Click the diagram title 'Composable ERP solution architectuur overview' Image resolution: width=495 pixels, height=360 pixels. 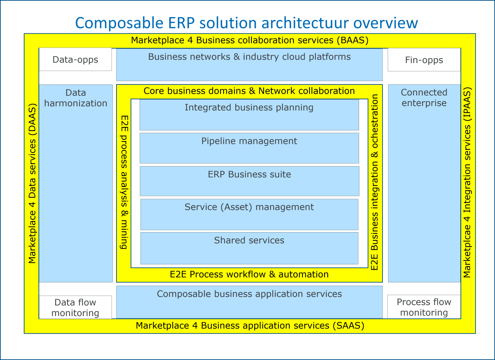pos(247,23)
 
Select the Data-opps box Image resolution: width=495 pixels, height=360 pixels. pos(75,60)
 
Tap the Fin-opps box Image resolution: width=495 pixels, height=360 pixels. pos(424,60)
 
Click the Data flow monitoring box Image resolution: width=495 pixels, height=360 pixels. pos(75,307)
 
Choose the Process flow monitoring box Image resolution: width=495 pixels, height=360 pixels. pos(424,307)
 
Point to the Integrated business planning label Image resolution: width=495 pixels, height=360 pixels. pos(249,108)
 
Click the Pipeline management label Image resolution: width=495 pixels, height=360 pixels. pos(249,141)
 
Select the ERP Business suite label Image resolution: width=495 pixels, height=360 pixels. pos(249,174)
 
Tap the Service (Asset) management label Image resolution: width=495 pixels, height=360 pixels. pos(249,207)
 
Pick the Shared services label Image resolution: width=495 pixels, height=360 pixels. pos(249,240)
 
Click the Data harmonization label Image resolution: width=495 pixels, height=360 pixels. pos(76,98)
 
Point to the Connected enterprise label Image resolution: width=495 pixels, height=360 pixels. pos(424,98)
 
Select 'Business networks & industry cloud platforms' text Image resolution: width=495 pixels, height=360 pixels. pos(249,57)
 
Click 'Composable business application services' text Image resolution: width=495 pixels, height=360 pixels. pos(249,294)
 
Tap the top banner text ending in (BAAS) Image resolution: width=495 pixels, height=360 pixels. pos(250,40)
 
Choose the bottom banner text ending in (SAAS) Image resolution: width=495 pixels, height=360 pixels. pos(250,326)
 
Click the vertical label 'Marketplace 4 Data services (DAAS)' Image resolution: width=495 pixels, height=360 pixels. pos(32,184)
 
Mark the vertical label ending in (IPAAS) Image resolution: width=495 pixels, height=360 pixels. pos(467,183)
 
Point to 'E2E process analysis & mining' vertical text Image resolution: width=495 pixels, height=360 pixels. pos(124,182)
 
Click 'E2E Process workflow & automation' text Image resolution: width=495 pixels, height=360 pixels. pos(249,274)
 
